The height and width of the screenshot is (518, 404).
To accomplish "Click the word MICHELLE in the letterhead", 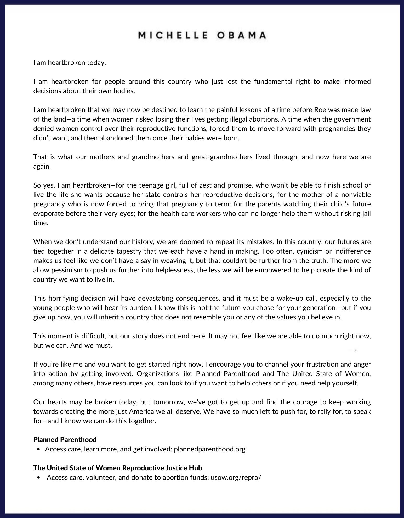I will (x=173, y=36).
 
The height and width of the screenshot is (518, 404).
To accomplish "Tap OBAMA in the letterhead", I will (x=242, y=36).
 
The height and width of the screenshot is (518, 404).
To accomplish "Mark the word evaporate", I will (x=48, y=213).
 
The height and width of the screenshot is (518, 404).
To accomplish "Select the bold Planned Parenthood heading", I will (x=65, y=439).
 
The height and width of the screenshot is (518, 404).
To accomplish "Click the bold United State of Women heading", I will (x=118, y=468).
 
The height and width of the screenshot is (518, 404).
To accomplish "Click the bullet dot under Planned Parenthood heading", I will (x=39, y=449).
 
